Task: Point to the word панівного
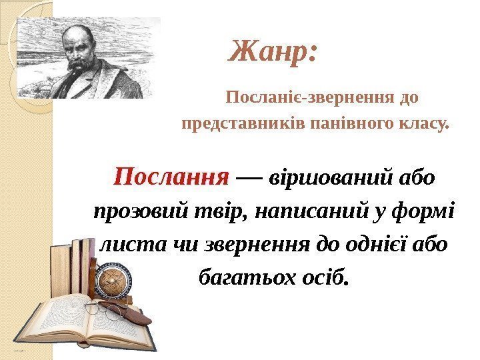[x=355, y=124]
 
